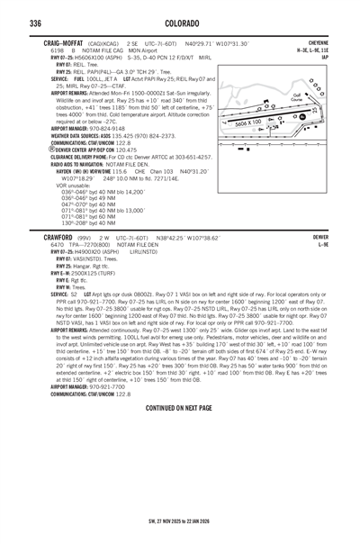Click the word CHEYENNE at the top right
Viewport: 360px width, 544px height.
pyautogui.click(x=316, y=43)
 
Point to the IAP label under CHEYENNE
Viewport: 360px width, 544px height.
pyautogui.click(x=325, y=57)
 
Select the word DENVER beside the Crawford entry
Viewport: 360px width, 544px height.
pyautogui.click(x=319, y=237)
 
